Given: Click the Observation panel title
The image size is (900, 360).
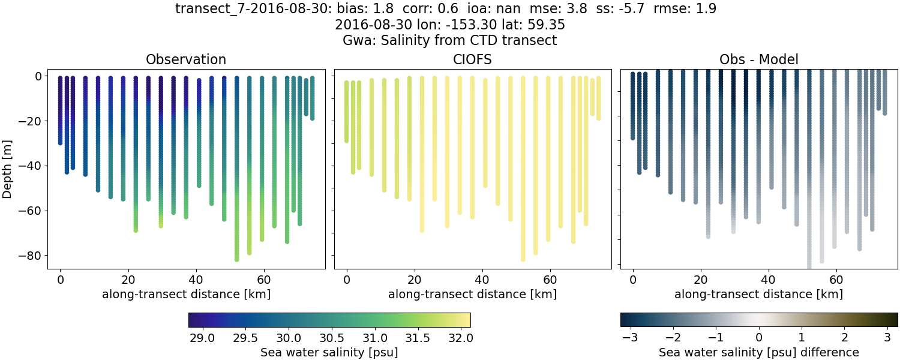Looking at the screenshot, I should coord(186,59).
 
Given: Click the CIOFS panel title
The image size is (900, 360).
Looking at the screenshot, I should coord(472,59).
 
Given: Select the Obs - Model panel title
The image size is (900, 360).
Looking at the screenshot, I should coord(758,59).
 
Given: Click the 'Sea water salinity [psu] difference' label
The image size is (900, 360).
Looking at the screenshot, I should coord(758,352).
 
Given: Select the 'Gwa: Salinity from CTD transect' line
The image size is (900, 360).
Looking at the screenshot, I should coord(449,41).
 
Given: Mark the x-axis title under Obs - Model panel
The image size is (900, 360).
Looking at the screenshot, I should coord(758,295).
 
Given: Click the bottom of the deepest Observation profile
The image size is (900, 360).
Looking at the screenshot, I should coord(237,259).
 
